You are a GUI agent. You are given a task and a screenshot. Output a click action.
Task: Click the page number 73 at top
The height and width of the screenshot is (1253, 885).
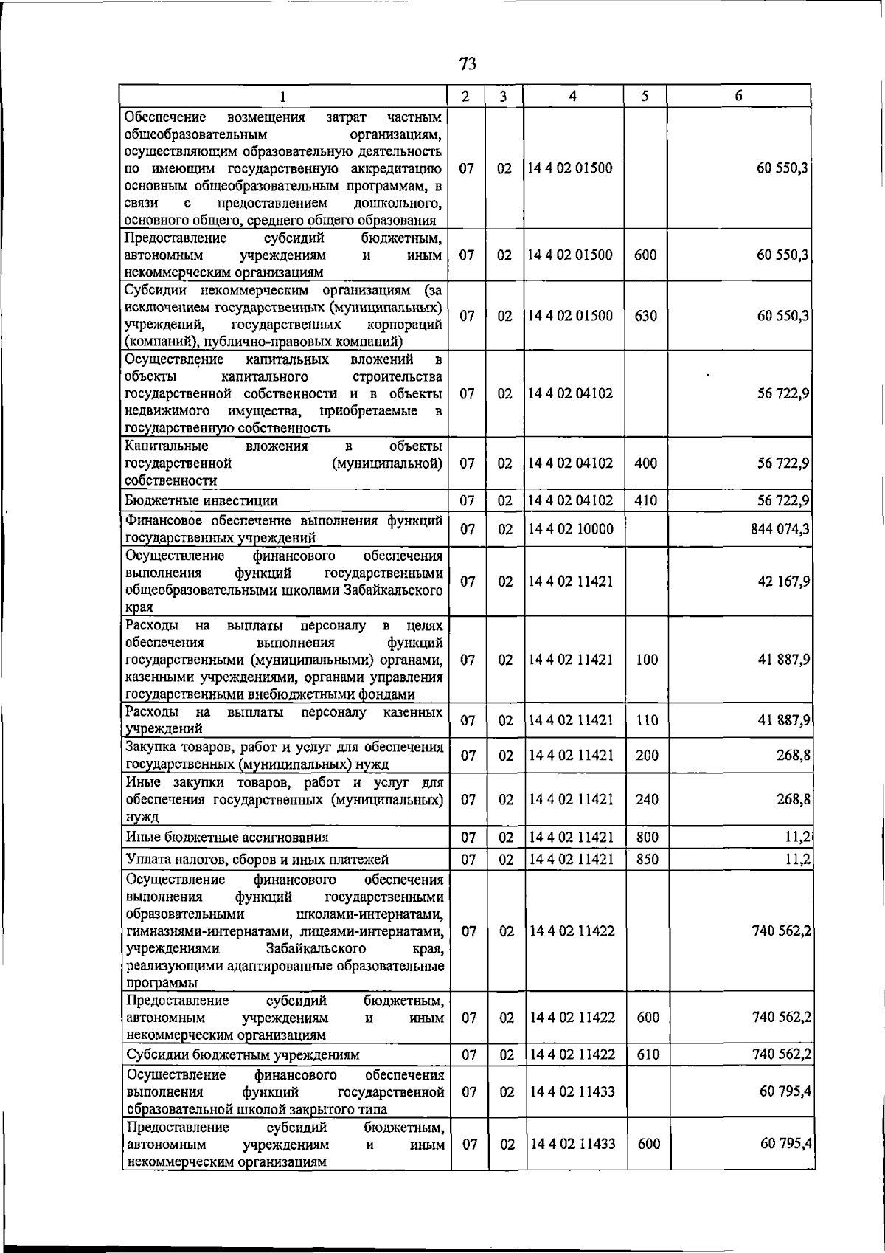click(x=468, y=63)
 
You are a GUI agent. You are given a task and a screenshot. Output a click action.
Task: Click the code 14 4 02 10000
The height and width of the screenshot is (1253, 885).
click(x=571, y=528)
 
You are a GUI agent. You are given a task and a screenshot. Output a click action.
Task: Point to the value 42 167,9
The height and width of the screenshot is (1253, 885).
click(x=784, y=581)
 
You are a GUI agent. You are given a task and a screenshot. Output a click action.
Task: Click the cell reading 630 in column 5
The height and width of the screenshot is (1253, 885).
click(x=645, y=316)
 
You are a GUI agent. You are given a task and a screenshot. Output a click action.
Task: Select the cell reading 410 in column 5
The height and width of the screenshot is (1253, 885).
click(x=645, y=500)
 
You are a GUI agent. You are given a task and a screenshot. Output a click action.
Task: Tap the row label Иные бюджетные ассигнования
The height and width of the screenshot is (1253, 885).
click(x=227, y=837)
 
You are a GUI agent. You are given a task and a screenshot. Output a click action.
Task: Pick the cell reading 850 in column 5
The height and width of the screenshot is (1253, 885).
click(x=647, y=859)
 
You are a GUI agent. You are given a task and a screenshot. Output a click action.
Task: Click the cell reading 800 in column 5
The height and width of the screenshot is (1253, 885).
click(x=647, y=837)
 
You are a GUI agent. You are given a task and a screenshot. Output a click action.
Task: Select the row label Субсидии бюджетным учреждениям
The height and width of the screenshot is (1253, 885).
click(x=243, y=1054)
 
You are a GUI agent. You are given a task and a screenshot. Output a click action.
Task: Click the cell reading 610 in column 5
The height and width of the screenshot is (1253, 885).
click(x=647, y=1054)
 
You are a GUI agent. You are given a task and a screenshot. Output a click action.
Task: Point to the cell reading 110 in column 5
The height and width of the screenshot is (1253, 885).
click(x=647, y=720)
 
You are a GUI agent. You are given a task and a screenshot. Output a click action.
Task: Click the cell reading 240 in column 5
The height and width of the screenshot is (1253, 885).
click(x=647, y=799)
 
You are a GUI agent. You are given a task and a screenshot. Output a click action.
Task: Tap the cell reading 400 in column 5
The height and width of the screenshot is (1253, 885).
click(x=645, y=463)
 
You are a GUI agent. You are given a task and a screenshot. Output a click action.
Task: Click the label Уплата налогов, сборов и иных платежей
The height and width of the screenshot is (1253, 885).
click(x=257, y=859)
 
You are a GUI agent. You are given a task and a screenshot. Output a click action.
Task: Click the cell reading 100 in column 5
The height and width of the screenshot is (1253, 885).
click(x=647, y=660)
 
